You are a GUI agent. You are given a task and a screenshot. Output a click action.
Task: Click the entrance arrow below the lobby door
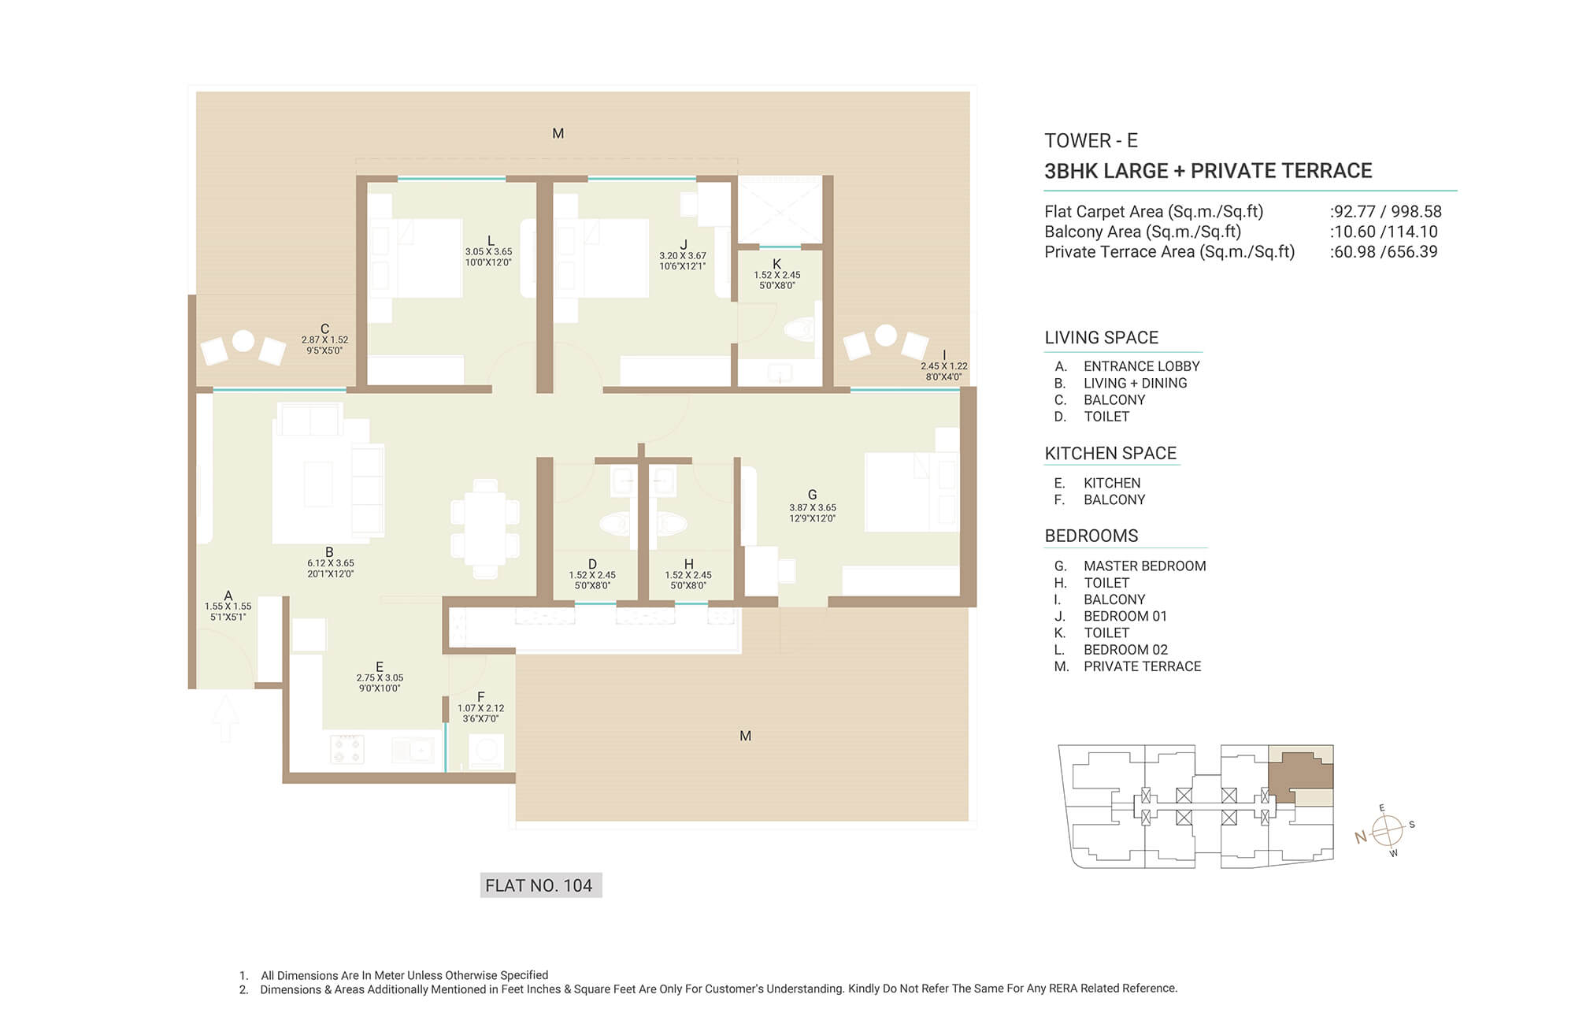(225, 717)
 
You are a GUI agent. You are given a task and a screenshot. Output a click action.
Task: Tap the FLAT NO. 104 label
(540, 885)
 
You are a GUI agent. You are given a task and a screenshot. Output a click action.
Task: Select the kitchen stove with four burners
(346, 748)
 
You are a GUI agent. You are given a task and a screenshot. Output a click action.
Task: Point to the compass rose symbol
(1387, 830)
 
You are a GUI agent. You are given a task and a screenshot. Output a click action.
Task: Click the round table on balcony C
(243, 341)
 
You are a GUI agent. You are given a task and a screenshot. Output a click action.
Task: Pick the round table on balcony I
(886, 336)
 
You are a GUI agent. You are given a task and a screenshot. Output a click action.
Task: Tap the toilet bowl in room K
(800, 329)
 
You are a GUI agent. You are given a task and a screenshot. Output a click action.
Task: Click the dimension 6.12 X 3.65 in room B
(331, 563)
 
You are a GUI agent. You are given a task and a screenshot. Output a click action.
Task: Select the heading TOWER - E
(1091, 141)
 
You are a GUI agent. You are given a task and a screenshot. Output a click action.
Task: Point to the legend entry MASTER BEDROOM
(1144, 566)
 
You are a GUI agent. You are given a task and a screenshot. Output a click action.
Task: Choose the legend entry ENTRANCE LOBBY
(1141, 366)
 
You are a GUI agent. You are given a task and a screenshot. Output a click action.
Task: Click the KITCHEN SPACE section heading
(1110, 453)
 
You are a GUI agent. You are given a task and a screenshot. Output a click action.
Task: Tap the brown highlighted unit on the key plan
(1299, 776)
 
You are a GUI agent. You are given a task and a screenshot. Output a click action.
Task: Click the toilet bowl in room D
(616, 523)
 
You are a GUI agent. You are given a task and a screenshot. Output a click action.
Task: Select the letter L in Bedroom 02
(491, 241)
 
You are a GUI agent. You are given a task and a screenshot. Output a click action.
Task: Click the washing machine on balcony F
(486, 751)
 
